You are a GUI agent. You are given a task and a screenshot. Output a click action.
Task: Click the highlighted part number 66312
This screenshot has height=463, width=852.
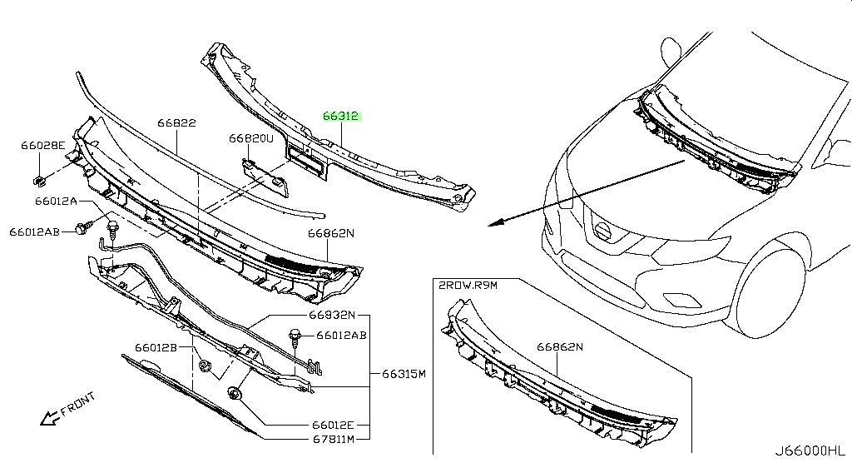pos(340,116)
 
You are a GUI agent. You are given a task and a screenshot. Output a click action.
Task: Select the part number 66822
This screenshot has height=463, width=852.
pos(176,123)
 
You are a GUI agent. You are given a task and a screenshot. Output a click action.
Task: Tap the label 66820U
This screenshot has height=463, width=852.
pos(251,139)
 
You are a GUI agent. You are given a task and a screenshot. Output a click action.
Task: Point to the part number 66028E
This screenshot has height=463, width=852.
pos(43,145)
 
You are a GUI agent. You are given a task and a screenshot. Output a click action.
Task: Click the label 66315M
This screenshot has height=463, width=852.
pos(404,374)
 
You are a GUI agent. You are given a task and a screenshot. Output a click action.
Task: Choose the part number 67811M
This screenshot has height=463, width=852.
pos(333,439)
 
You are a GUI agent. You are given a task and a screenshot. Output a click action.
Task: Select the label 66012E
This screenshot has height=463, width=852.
pos(333,425)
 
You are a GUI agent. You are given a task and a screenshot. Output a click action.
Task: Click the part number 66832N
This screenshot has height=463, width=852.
pos(332,315)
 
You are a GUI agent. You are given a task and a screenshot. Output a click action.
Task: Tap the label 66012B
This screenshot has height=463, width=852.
pos(156,347)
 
